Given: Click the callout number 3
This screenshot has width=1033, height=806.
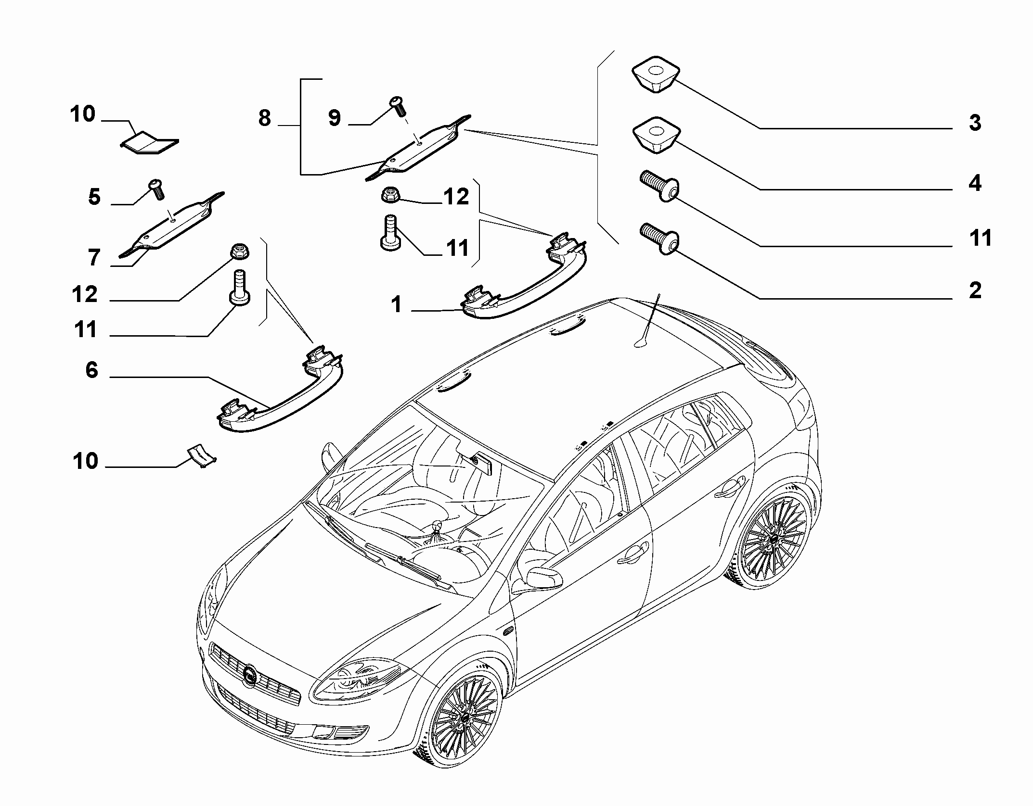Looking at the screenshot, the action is (975, 123).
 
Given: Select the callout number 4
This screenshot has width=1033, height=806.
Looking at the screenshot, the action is (975, 184).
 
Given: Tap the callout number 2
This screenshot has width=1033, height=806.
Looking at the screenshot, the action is (975, 290).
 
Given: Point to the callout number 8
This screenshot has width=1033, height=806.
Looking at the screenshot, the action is (265, 118).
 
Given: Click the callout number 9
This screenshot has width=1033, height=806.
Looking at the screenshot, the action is (335, 118).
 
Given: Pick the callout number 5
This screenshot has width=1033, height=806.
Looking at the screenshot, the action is (94, 198).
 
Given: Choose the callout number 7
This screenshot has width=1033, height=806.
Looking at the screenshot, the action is (94, 258).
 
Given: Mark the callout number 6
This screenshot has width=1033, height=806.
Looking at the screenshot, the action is (91, 370).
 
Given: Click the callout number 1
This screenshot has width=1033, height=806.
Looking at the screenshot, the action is (396, 304).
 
